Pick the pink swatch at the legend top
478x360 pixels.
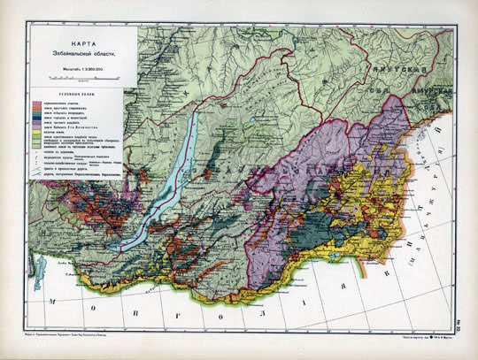tap(36, 104)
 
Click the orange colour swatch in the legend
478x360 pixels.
tap(36, 120)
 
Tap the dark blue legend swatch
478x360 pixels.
tap(36, 115)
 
